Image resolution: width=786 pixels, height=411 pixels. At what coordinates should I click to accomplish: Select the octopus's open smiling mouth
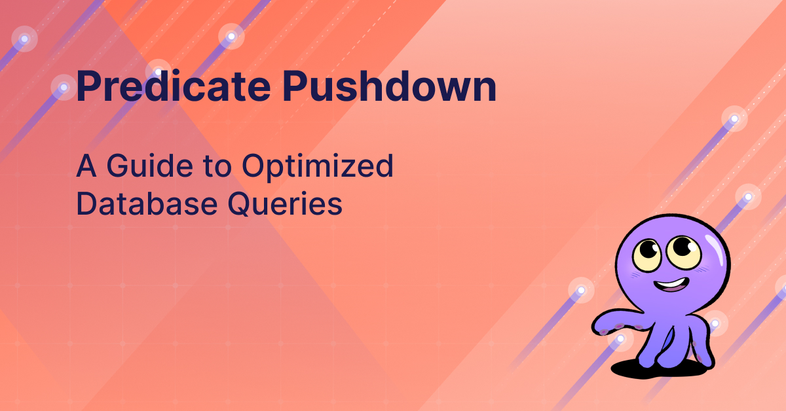pyautogui.click(x=670, y=285)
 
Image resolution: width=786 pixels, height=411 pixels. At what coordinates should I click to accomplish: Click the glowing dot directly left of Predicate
pyautogui.click(x=64, y=87)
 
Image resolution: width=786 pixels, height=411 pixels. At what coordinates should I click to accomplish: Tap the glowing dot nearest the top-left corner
pyautogui.click(x=25, y=39)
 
